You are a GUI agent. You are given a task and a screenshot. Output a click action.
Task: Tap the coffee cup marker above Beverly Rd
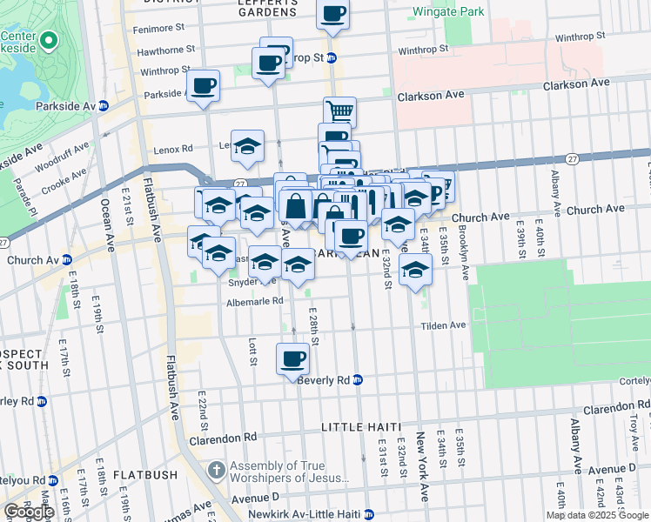[x=293, y=358]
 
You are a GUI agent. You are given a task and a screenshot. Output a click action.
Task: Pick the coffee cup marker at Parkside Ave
[x=203, y=85]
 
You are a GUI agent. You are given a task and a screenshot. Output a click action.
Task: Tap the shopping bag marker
[x=296, y=206]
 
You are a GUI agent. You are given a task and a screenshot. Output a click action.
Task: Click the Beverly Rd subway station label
[x=330, y=380]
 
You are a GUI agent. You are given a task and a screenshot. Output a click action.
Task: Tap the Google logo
[x=29, y=512]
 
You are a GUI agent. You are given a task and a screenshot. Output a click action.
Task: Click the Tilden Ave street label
[x=445, y=325]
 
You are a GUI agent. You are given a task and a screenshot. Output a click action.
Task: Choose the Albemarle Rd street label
[x=254, y=301]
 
